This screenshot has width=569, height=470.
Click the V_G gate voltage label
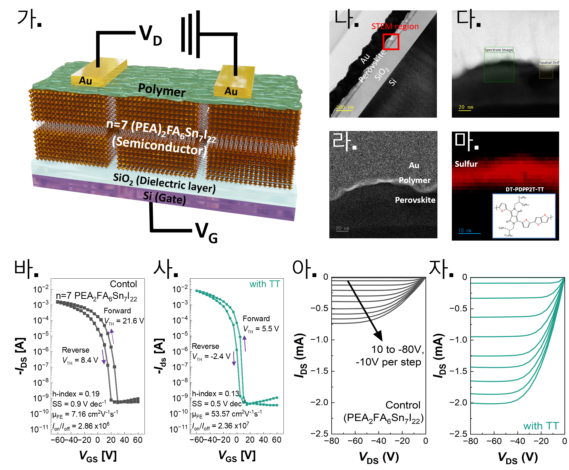click(x=206, y=232)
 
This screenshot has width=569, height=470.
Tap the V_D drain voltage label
click(x=150, y=35)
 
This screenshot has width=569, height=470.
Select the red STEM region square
click(x=391, y=42)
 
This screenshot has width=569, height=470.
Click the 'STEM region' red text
click(x=395, y=27)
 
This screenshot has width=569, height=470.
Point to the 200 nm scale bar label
click(x=345, y=107)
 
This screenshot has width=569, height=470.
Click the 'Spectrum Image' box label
click(x=498, y=50)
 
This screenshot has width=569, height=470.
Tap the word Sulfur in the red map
click(x=466, y=164)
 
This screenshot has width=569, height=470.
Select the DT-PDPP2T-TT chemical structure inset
click(x=524, y=216)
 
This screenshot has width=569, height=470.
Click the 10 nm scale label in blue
click(x=465, y=230)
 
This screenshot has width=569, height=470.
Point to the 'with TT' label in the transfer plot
click(x=264, y=284)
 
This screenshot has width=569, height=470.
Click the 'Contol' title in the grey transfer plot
click(x=123, y=284)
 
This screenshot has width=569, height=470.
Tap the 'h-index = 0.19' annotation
click(x=76, y=394)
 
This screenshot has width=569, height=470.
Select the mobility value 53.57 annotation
click(x=227, y=414)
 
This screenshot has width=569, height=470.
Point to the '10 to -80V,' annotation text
click(x=397, y=350)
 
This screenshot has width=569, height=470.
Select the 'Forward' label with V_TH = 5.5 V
click(x=256, y=318)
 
